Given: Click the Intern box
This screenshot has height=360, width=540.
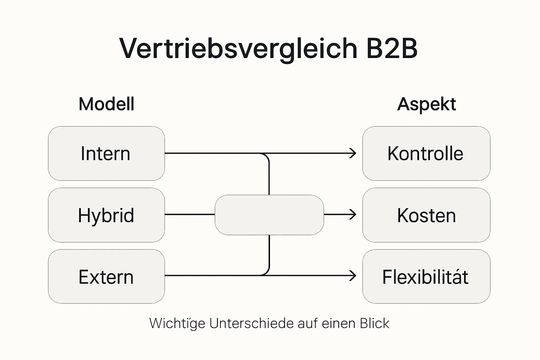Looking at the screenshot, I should [x=106, y=154].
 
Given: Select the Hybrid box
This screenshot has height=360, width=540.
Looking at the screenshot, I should [x=106, y=215].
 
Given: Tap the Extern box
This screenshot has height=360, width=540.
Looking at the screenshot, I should [x=106, y=277].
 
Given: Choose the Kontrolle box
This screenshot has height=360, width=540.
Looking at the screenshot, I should [x=426, y=154].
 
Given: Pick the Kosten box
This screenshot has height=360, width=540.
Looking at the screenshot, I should [x=426, y=215].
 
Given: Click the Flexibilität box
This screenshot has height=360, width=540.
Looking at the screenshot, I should [x=426, y=277].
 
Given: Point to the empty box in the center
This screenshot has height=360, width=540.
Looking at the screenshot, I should [x=269, y=215].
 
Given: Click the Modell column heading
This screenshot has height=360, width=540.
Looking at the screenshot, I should [x=106, y=104].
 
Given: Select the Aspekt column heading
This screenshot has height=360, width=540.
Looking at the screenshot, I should [x=426, y=104].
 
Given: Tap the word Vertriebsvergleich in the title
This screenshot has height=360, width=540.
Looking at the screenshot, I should [x=238, y=48].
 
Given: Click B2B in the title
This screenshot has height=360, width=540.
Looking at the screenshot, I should [x=391, y=48].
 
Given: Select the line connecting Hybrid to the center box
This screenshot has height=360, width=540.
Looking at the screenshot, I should [x=189, y=214].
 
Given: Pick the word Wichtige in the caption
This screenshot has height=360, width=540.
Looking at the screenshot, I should [x=177, y=323].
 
